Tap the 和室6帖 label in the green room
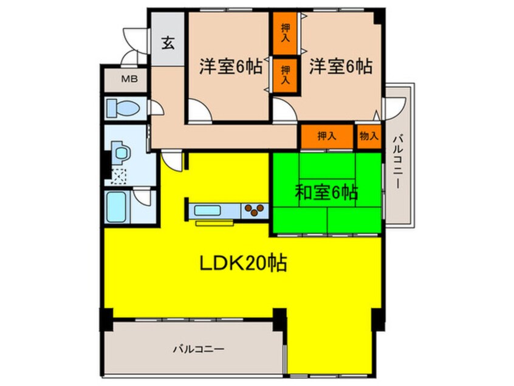tap(326, 193)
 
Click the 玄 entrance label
tap(168, 44)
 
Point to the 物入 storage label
tap(368, 136)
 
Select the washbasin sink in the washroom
tap(121, 150)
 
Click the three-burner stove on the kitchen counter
tap(255, 210)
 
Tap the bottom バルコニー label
tap(198, 349)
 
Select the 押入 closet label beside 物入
tap(327, 136)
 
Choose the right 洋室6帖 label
tap(340, 66)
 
